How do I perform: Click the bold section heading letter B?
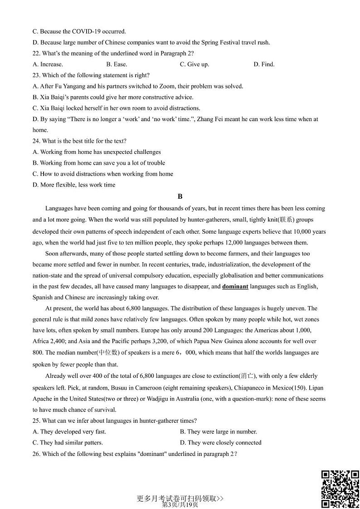point(180,196)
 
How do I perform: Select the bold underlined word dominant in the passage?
point(235,286)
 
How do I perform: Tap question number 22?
point(36,53)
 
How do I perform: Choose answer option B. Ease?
point(117,64)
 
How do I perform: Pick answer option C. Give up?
point(194,64)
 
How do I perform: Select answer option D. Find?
point(264,64)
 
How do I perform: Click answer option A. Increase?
point(48,64)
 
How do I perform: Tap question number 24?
point(36,141)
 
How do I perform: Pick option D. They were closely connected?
point(220,442)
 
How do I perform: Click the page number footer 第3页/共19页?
point(180,504)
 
